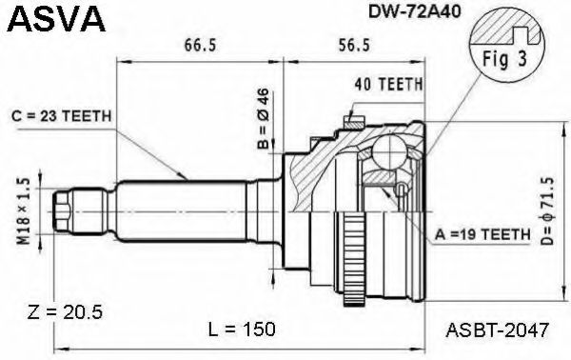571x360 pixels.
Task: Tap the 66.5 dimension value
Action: pyautogui.click(x=197, y=45)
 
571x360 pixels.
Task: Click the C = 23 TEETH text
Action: pyautogui.click(x=64, y=117)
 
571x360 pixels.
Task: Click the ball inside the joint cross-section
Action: pyautogui.click(x=391, y=151)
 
